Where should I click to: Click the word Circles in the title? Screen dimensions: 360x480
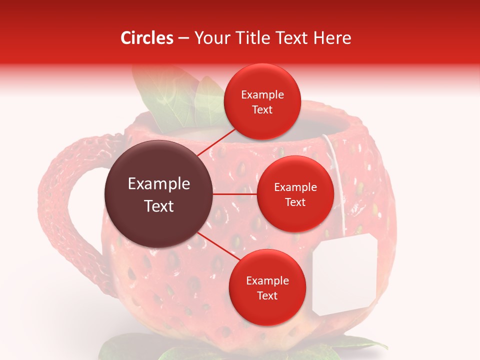point(146,38)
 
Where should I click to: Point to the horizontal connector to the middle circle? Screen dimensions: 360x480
point(235,194)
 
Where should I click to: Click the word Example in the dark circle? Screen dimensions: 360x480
point(159,184)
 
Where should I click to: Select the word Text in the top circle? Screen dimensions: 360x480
point(262,109)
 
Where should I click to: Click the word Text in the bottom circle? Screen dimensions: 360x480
point(267,295)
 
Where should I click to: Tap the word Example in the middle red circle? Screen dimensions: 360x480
point(295,187)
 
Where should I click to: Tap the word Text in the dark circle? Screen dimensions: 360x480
point(159,206)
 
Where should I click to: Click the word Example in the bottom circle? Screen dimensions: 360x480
point(267,281)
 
